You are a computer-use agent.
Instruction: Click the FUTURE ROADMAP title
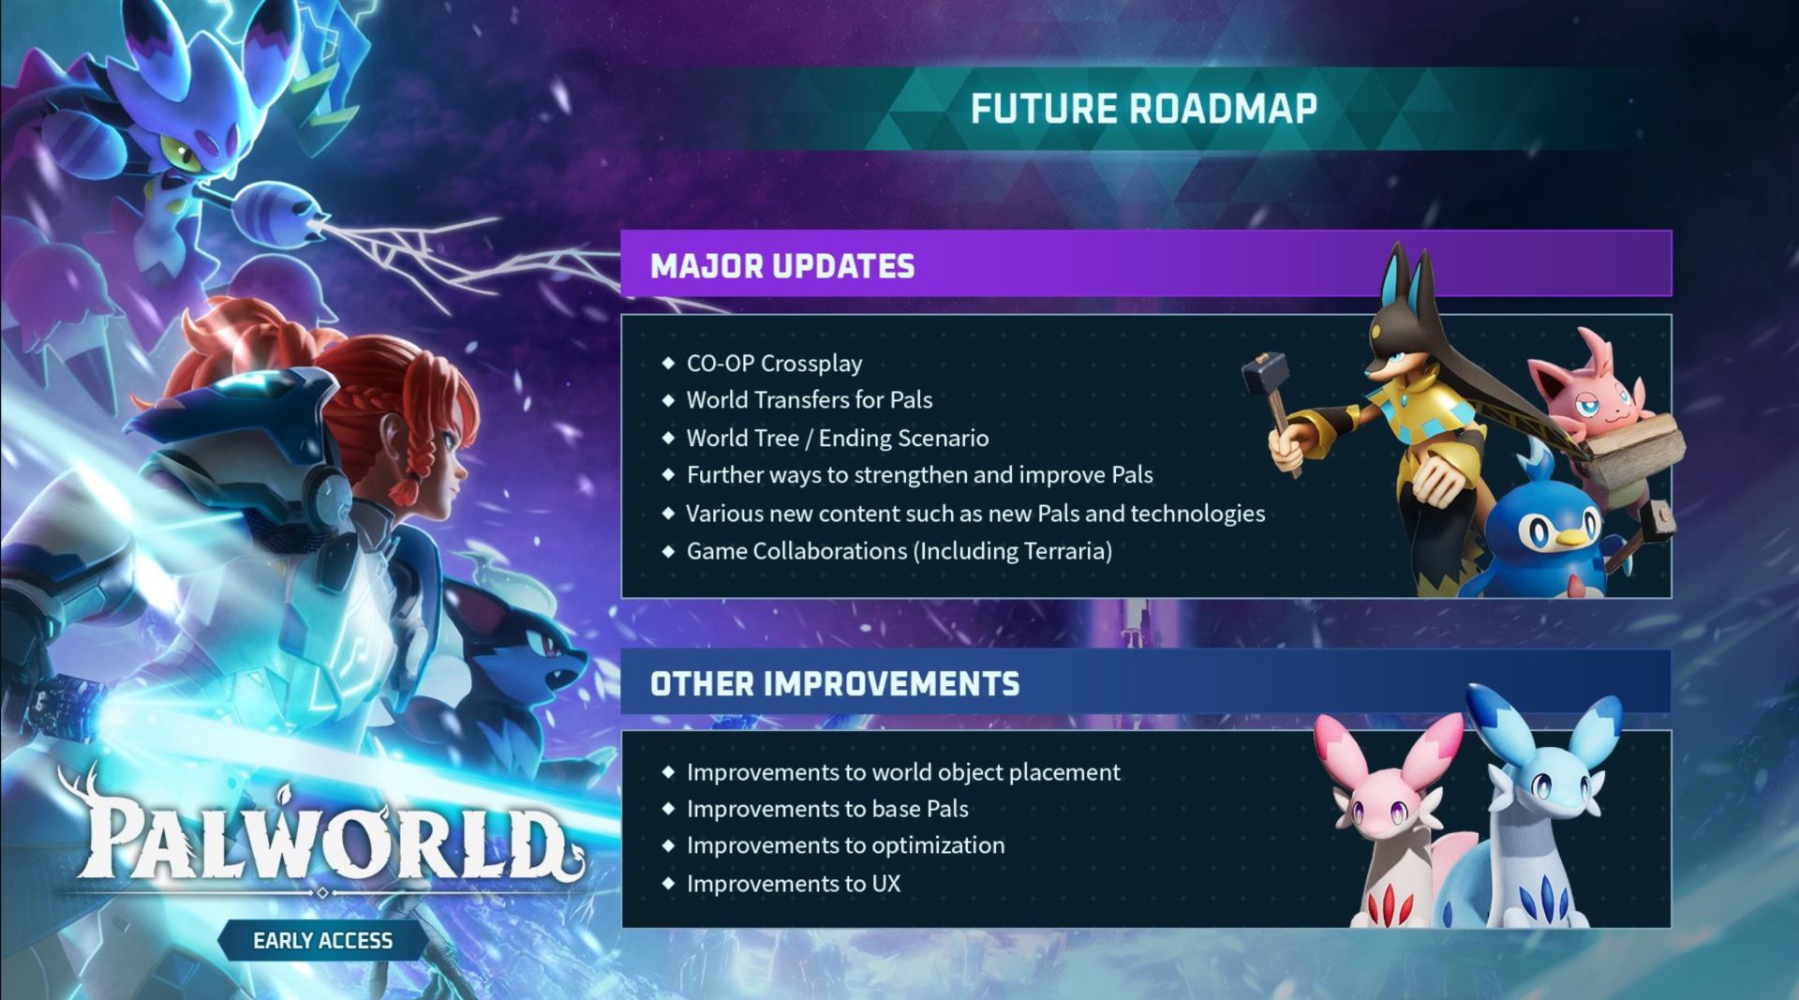1143,109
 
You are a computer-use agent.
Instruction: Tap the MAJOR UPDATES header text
782,266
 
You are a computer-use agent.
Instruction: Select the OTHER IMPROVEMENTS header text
835,684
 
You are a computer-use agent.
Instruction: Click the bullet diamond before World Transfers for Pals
668,400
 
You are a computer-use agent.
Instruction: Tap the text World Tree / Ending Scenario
838,438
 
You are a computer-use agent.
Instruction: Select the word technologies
1198,514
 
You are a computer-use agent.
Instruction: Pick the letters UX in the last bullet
885,884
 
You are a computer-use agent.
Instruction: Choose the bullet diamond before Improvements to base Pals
668,809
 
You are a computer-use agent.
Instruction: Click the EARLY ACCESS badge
322,940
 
